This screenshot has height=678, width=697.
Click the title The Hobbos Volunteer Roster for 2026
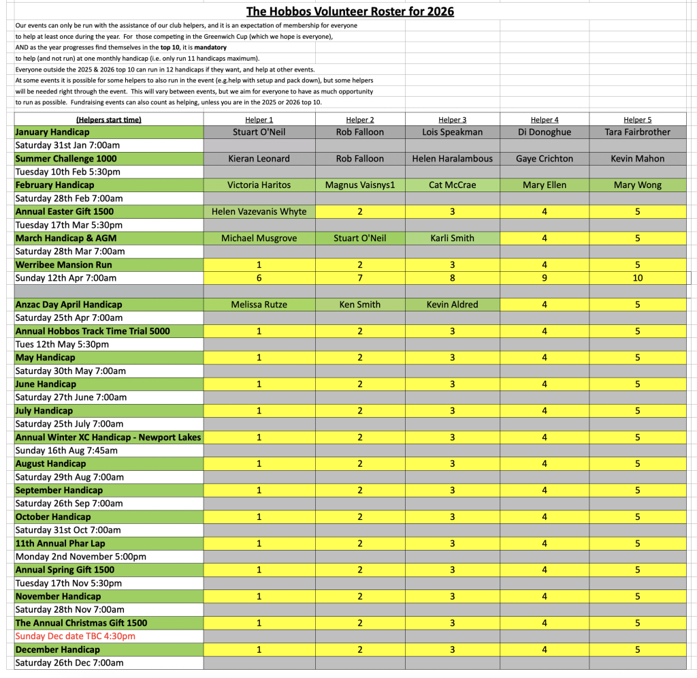click(350, 11)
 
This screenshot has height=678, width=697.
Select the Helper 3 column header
click(452, 120)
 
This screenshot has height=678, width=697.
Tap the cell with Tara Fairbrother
click(638, 132)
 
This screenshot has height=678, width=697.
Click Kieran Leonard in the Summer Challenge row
click(259, 159)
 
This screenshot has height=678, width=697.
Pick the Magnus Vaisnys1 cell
click(359, 185)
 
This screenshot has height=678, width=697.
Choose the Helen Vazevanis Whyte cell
click(259, 212)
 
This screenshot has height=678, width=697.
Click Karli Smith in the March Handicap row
click(452, 238)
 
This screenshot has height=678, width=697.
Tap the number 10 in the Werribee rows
click(638, 278)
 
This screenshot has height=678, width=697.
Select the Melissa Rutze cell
click(259, 305)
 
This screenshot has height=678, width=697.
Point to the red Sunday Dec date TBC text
click(76, 636)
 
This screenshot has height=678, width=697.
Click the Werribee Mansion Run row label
click(64, 265)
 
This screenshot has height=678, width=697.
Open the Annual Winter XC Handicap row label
click(108, 437)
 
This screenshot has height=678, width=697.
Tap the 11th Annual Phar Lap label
click(60, 544)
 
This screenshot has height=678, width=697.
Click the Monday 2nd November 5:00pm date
click(80, 557)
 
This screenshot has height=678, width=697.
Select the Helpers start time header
click(109, 120)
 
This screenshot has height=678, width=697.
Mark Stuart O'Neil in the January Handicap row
click(259, 132)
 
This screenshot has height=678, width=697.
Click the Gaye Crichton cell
click(545, 159)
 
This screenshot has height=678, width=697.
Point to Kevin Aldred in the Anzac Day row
click(452, 305)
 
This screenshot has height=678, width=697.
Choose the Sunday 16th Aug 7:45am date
click(67, 450)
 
